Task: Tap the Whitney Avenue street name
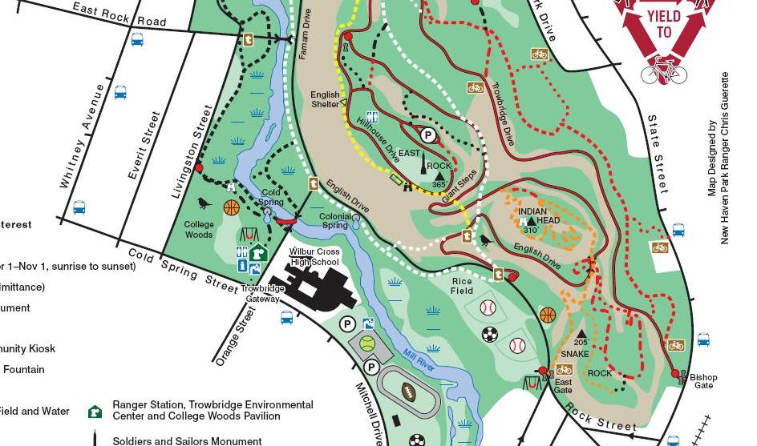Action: (x=84, y=135)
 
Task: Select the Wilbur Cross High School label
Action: (x=314, y=256)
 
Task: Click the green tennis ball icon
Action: (x=367, y=344)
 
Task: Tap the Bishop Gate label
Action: (x=703, y=381)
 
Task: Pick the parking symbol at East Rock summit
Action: (x=428, y=136)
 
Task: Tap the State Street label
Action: (x=658, y=153)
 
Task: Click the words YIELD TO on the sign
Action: (x=664, y=25)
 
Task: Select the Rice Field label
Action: (x=462, y=286)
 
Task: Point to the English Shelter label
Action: (x=326, y=100)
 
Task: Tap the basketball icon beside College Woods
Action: (x=232, y=208)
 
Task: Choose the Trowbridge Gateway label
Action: (x=261, y=292)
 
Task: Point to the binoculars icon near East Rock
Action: (x=408, y=187)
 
